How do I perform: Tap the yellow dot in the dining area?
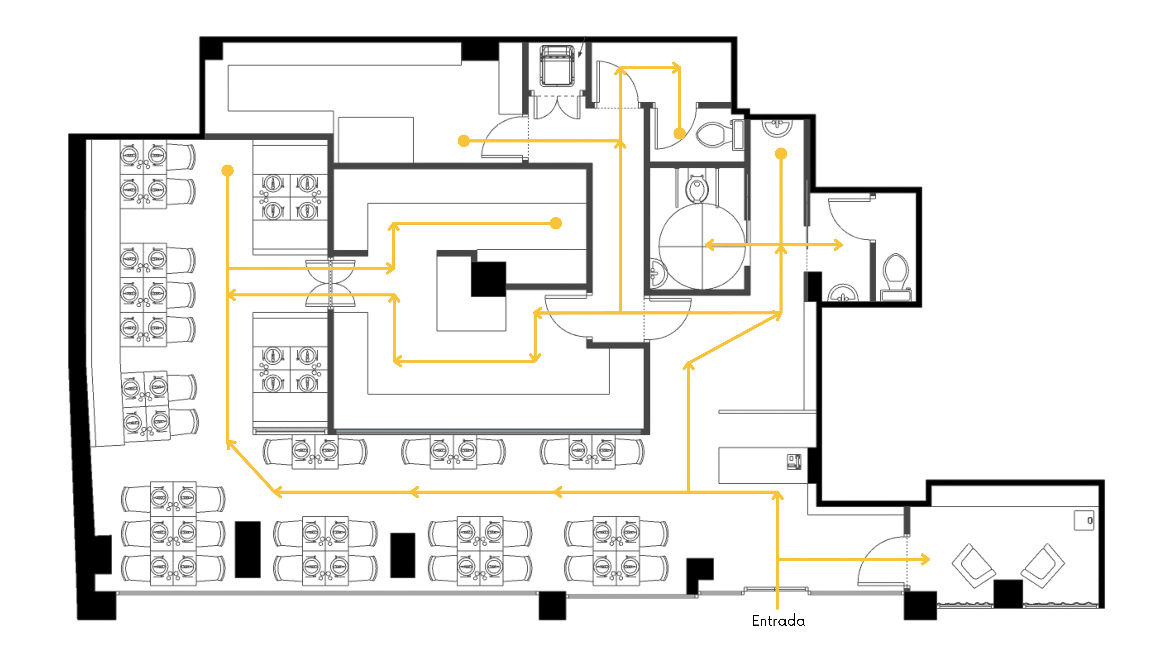coord(228,170)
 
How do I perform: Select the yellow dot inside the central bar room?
coord(556,223)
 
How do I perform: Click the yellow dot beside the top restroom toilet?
coord(679,133)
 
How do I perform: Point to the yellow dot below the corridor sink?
coord(781,154)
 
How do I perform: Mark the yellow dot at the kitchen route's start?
coord(464,141)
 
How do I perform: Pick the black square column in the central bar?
coord(488,279)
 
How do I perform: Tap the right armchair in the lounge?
coord(1042,565)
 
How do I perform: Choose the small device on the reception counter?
coord(794,462)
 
